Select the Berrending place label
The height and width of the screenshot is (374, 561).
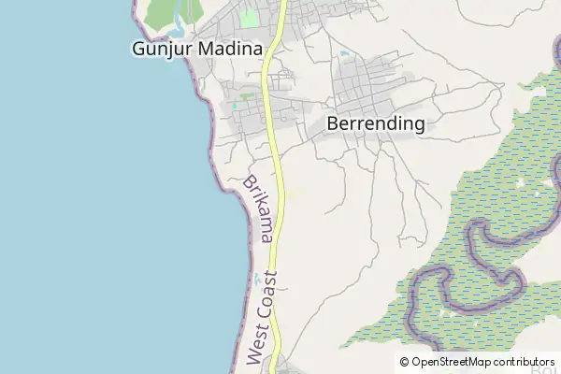pos(376,123)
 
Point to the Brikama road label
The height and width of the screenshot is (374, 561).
pos(258,210)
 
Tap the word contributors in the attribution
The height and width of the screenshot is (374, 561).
pos(525,361)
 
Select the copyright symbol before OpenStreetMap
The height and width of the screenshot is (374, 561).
pos(405,361)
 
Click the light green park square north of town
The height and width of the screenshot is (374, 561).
pos(249,17)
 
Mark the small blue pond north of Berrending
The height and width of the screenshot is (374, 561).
pos(346,54)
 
